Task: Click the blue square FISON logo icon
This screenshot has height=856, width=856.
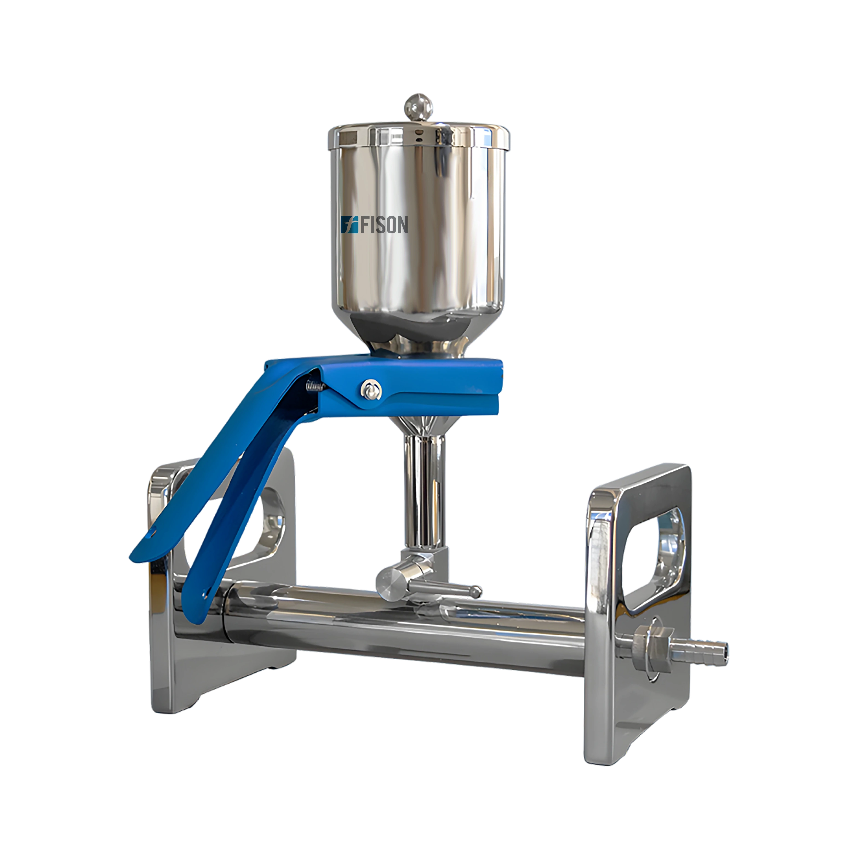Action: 349,225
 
